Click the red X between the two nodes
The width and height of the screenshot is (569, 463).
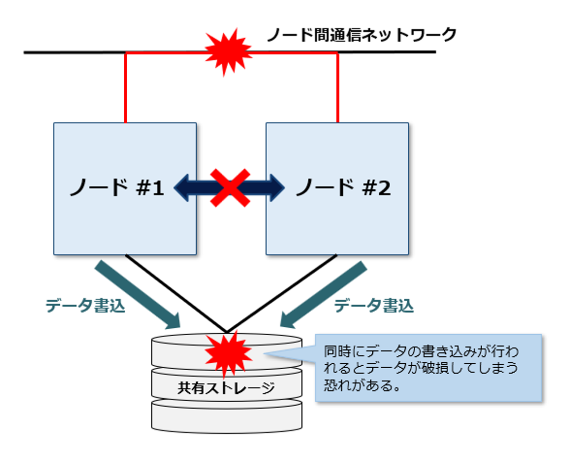coord(230,188)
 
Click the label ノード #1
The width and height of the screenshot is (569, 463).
coord(117,188)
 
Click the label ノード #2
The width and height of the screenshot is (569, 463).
coord(343,188)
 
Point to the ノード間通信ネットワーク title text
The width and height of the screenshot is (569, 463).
coord(361,35)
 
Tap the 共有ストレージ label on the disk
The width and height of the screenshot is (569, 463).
coord(226,387)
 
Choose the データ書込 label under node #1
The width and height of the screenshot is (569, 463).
coord(85,307)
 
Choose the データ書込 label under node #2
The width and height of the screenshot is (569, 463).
coord(374,307)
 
